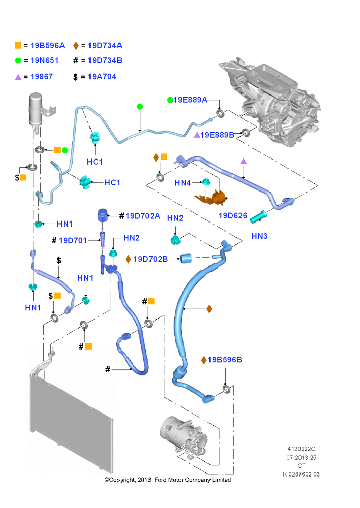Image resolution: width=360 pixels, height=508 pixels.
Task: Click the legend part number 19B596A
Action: (x=47, y=46)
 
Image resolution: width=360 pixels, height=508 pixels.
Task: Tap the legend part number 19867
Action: (x=42, y=77)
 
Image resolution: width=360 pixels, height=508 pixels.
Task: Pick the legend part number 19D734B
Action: (x=105, y=60)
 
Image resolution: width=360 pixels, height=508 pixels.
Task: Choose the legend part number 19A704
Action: (x=102, y=77)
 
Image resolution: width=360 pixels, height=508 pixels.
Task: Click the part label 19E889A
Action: (x=190, y=100)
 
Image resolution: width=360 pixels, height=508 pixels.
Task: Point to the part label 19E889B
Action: (x=217, y=135)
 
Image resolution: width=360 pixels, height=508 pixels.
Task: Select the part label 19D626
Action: (x=233, y=216)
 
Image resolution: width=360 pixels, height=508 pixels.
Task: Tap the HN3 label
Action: (x=259, y=236)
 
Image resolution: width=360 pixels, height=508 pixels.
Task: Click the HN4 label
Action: (x=183, y=183)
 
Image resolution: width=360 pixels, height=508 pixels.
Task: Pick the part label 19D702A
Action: (x=143, y=216)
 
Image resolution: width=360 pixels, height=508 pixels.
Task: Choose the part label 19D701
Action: (x=73, y=240)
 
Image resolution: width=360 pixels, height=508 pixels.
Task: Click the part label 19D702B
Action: (x=151, y=259)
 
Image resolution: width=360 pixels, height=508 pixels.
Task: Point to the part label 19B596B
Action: (x=225, y=360)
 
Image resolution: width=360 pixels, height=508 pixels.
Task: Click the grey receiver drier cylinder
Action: (x=36, y=110)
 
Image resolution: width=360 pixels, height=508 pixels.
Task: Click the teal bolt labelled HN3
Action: (x=258, y=217)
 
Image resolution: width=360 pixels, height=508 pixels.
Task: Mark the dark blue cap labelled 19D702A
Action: (x=102, y=215)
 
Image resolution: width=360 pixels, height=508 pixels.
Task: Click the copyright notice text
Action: (x=168, y=480)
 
